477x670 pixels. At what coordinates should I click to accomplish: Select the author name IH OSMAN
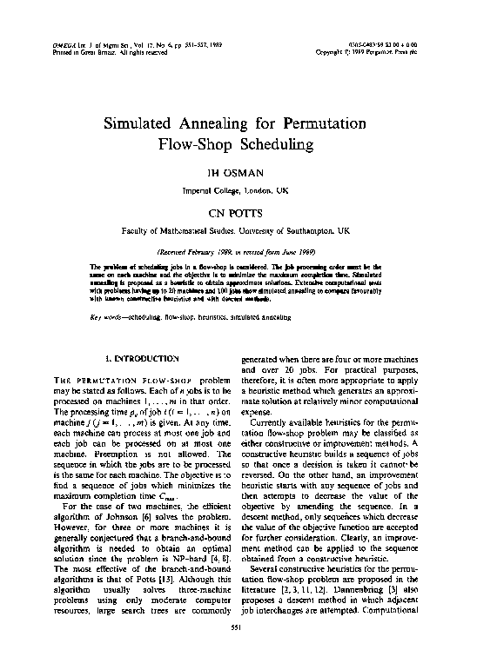click(x=238, y=175)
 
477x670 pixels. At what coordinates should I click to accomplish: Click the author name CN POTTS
click(x=238, y=212)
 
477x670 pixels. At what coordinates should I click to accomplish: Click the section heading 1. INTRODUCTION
click(x=141, y=358)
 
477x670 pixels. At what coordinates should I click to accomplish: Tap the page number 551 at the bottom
click(x=238, y=650)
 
